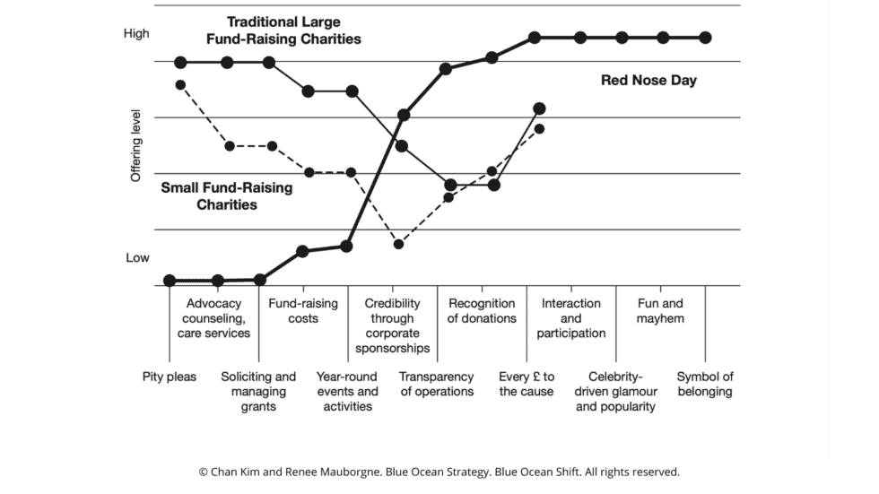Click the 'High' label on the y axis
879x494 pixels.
pyautogui.click(x=137, y=34)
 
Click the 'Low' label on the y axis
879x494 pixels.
pyautogui.click(x=137, y=257)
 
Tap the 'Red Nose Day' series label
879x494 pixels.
pyautogui.click(x=648, y=81)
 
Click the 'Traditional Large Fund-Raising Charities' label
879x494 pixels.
pyautogui.click(x=283, y=30)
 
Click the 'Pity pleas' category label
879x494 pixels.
pyautogui.click(x=170, y=377)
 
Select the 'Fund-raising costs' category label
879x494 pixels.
pyautogui.click(x=303, y=311)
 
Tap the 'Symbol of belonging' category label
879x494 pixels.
pyautogui.click(x=705, y=384)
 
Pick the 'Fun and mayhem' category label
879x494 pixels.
pyautogui.click(x=660, y=311)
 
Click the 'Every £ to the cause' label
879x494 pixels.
pyautogui.click(x=527, y=384)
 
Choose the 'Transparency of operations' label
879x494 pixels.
pyautogui.click(x=437, y=384)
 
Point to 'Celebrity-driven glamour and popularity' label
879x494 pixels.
pyautogui.click(x=616, y=392)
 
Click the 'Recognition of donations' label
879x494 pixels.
pyautogui.click(x=482, y=311)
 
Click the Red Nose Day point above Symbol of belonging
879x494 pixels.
pyautogui.click(x=705, y=38)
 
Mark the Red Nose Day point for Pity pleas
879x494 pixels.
pyautogui.click(x=170, y=281)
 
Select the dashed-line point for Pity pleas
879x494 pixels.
pyautogui.click(x=180, y=85)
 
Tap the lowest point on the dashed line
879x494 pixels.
pyautogui.click(x=399, y=244)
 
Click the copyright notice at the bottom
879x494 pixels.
pyautogui.click(x=439, y=471)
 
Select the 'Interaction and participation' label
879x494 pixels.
pyautogui.click(x=571, y=318)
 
